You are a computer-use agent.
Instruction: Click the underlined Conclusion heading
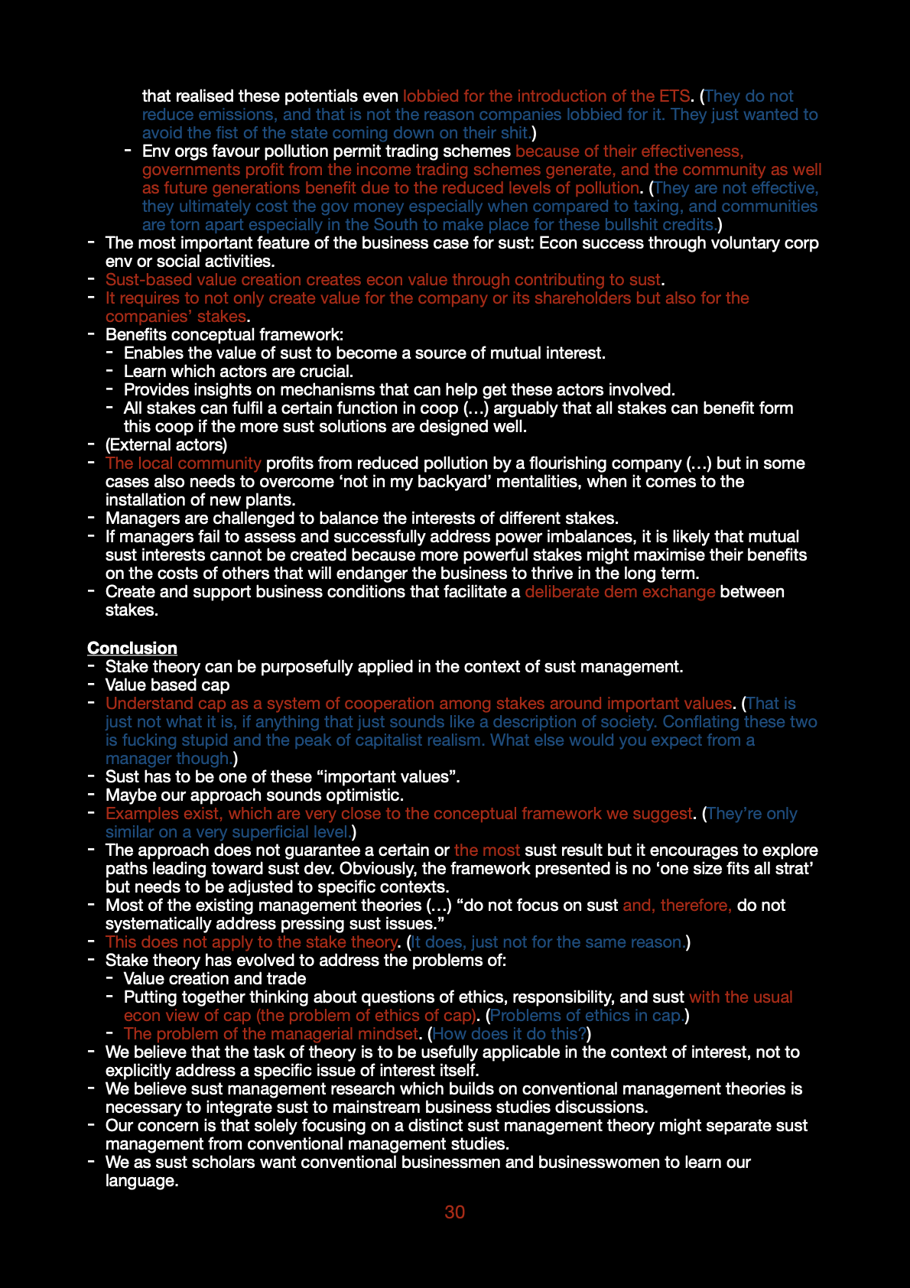[x=132, y=648]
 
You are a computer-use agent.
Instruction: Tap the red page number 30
[x=454, y=1212]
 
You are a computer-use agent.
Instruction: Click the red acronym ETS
[x=674, y=96]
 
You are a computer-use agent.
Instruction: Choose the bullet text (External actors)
[x=166, y=444]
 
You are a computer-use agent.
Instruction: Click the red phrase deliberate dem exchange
[x=619, y=591]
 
